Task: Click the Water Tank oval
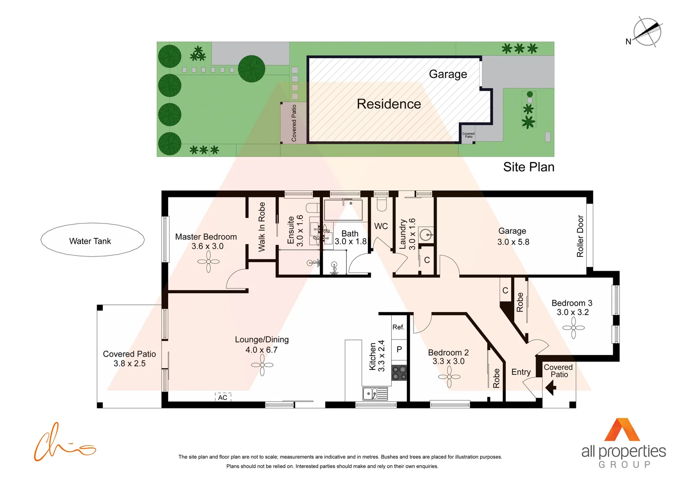[x=92, y=240]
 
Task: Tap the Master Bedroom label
[x=206, y=237]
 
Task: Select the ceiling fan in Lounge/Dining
[x=262, y=365]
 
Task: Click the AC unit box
[x=223, y=397]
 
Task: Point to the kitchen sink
[x=369, y=393]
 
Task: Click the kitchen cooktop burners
[x=399, y=373]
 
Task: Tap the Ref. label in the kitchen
[x=398, y=327]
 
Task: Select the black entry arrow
[x=551, y=388]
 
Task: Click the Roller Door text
[x=580, y=236]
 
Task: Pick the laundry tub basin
[x=426, y=235]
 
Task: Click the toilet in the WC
[x=382, y=204]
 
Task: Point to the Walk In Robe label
[x=262, y=227]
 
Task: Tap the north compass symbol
[x=647, y=32]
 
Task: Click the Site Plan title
[x=528, y=167]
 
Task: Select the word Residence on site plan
[x=389, y=104]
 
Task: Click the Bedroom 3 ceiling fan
[x=573, y=328]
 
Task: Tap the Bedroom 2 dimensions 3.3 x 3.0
[x=449, y=361]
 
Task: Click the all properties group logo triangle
[x=622, y=430]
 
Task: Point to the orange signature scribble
[x=62, y=444]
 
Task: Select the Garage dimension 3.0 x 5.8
[x=513, y=242]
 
